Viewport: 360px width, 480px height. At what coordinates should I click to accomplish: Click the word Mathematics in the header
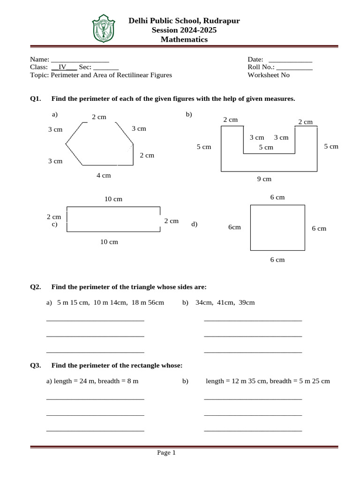tap(184, 40)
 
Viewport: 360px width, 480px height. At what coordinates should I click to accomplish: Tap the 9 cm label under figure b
tap(264, 179)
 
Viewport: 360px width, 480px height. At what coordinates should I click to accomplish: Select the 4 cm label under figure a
tap(104, 175)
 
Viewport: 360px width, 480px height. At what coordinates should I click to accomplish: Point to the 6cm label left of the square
tap(234, 227)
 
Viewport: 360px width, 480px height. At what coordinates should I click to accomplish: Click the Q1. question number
tap(36, 99)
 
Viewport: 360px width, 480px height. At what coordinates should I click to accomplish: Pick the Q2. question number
tap(36, 286)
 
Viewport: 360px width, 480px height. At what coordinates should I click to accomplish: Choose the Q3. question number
tap(36, 365)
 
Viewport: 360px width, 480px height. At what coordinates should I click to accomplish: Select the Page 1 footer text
tap(166, 453)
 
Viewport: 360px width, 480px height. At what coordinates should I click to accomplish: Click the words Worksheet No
tap(269, 75)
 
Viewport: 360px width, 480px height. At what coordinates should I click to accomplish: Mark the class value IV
tap(62, 67)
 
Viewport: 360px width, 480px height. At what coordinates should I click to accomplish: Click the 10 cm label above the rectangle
tap(113, 199)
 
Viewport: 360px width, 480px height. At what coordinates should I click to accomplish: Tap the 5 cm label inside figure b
tap(266, 147)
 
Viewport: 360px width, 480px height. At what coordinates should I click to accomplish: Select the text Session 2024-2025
tap(184, 30)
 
